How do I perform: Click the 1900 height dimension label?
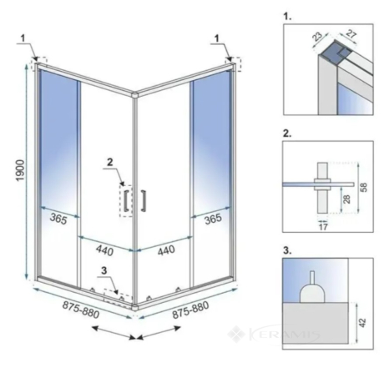point(21,170)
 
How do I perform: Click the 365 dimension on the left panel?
point(58,219)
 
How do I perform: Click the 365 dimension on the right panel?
point(213,219)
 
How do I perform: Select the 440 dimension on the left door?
point(104,250)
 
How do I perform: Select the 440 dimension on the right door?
point(166,250)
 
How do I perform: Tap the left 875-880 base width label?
point(81,310)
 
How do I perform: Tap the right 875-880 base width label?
point(190,310)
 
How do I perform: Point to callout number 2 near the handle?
point(110,162)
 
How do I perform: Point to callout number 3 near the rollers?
point(104,270)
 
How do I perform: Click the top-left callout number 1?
point(23,38)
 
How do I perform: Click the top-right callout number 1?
point(217,38)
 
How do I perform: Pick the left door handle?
point(125,200)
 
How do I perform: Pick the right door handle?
point(143,200)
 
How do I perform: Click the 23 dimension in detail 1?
point(317,37)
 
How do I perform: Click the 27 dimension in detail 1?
point(351,34)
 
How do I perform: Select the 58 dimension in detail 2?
point(363,187)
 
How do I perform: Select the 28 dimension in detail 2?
point(346,199)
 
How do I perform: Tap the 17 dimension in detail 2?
point(323,227)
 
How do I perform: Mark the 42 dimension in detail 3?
point(362,323)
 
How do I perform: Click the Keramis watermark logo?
point(274,334)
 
